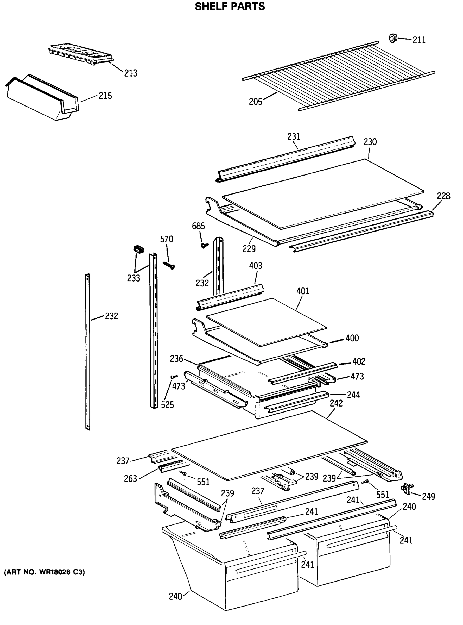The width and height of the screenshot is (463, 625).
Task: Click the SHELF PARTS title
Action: (230, 6)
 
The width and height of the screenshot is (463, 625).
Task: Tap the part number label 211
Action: (419, 40)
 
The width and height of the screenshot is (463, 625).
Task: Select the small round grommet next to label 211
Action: (394, 38)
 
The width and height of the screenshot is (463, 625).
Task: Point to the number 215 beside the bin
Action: (105, 96)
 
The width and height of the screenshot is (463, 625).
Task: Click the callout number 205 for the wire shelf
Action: (255, 102)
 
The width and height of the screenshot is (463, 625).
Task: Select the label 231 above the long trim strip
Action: (293, 136)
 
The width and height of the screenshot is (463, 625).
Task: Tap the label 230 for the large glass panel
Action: (370, 142)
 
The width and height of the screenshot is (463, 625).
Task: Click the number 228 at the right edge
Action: (443, 196)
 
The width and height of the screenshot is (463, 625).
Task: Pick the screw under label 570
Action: (169, 265)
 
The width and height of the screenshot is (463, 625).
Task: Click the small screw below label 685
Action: (204, 245)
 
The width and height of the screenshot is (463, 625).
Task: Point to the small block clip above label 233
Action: (138, 249)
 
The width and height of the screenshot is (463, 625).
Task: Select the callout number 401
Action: (303, 291)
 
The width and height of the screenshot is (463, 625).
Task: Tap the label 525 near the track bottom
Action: (167, 405)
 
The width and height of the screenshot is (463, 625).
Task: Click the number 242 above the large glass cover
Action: (336, 403)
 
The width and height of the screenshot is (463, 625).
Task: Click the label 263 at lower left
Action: (131, 479)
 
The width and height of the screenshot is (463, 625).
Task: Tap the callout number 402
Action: (359, 361)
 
